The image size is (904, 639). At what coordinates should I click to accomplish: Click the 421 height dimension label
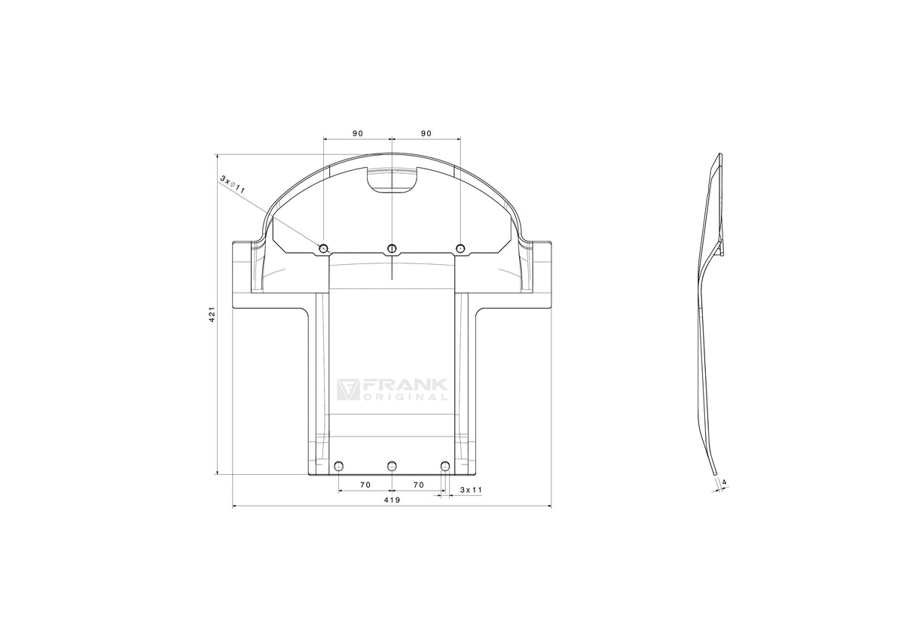[212, 314]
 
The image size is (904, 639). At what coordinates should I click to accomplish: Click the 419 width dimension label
[392, 500]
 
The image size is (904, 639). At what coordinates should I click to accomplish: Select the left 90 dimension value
[358, 133]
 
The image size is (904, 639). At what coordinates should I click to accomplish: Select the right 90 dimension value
[426, 133]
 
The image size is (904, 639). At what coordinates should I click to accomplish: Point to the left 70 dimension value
[365, 485]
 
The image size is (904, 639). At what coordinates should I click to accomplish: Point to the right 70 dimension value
[419, 485]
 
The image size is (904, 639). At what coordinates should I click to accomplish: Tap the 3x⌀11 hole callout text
[233, 184]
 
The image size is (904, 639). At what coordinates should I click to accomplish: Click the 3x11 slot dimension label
[471, 490]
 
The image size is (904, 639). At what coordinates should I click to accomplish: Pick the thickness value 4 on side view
[725, 482]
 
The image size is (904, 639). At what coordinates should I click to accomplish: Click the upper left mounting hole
[324, 248]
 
